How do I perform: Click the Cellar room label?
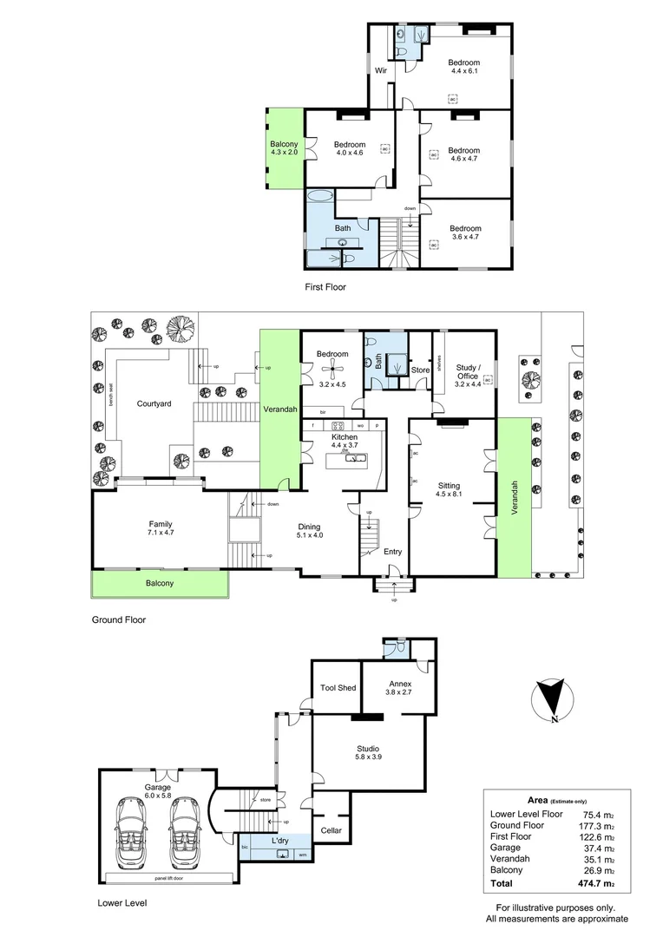point(330,830)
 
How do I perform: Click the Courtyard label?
point(154,403)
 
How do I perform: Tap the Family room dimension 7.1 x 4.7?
point(160,534)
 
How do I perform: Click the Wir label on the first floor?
point(380,70)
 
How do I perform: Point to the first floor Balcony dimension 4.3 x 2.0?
point(284,153)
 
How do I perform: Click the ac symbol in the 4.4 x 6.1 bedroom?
point(452,99)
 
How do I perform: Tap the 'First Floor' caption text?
point(325,286)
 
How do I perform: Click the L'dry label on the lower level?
point(279,842)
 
